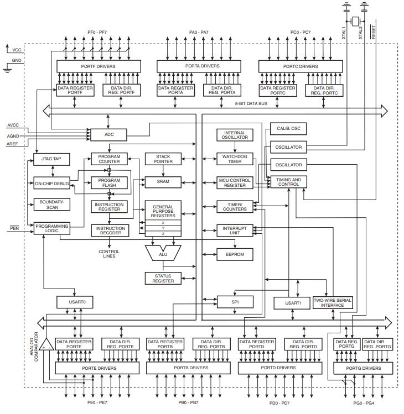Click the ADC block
[108, 134]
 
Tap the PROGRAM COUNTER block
[109, 160]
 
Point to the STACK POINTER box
[159, 159]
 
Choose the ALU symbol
[163, 253]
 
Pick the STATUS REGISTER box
[159, 278]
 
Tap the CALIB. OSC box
[288, 128]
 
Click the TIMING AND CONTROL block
[288, 182]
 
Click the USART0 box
[70, 302]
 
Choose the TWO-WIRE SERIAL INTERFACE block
[333, 302]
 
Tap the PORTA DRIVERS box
[196, 66]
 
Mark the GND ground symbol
[7, 67]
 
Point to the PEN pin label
[14, 228]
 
